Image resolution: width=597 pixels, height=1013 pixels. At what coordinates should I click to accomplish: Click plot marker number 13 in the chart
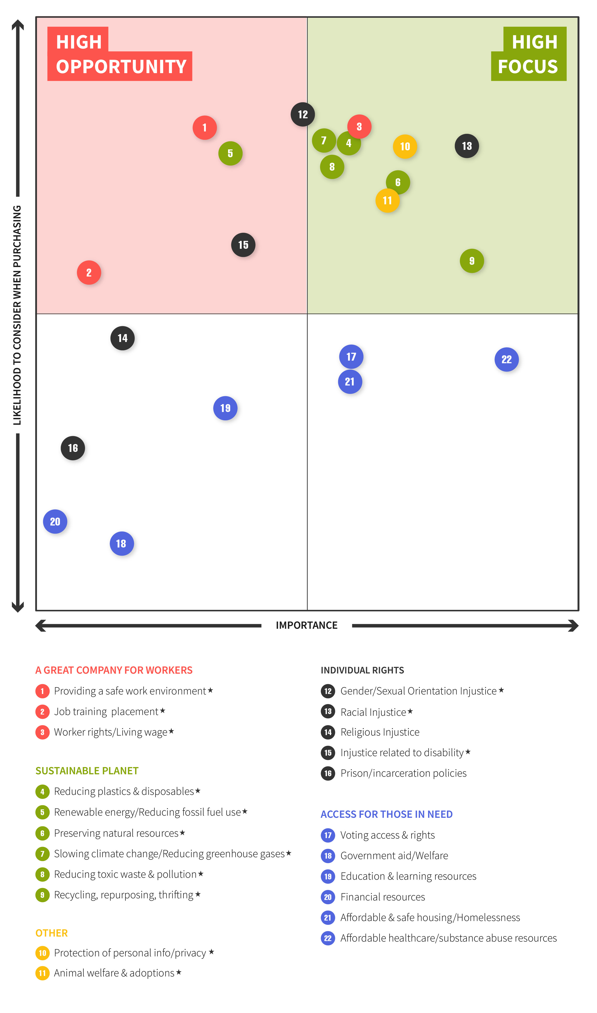[467, 146]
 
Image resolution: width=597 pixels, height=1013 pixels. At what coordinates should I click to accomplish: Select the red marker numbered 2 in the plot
[89, 273]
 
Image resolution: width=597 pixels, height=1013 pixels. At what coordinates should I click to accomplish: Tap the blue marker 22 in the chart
[506, 359]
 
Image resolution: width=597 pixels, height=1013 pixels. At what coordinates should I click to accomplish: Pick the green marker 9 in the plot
[472, 261]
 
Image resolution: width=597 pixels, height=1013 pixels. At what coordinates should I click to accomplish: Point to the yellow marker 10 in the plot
[405, 146]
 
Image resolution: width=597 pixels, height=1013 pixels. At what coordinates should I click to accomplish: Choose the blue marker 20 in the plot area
[55, 522]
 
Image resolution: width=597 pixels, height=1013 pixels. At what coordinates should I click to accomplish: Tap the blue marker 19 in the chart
[225, 408]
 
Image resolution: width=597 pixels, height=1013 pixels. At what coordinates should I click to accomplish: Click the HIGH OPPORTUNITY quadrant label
[120, 54]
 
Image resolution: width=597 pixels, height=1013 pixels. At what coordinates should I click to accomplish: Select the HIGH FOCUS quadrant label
[529, 54]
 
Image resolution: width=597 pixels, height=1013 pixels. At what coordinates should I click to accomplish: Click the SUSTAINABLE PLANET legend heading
[87, 771]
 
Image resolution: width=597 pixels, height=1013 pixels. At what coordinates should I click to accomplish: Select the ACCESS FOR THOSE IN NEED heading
[386, 814]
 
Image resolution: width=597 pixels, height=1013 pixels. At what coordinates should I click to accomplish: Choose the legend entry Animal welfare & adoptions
[114, 973]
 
